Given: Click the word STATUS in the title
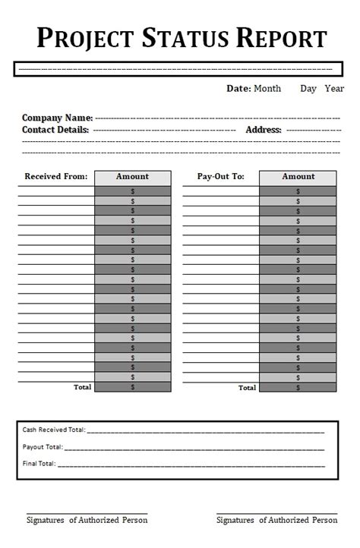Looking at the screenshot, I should (x=182, y=37).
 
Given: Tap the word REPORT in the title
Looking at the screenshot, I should (x=280, y=37).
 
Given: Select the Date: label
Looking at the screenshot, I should (x=238, y=89).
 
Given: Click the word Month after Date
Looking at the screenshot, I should (x=267, y=89).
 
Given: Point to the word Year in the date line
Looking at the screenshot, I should (x=334, y=89).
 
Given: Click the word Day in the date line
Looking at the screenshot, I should (x=308, y=89).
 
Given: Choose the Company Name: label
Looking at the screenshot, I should (x=57, y=118).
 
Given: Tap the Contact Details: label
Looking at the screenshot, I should (x=55, y=130).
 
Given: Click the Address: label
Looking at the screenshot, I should (x=264, y=130).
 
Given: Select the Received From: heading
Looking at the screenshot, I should (x=56, y=177).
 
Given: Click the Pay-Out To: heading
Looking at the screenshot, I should (x=220, y=177).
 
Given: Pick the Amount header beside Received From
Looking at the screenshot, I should (x=132, y=177).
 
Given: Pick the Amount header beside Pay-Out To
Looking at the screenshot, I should (x=298, y=177).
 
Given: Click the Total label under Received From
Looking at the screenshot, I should (x=82, y=387).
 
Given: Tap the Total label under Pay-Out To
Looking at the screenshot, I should (x=248, y=388).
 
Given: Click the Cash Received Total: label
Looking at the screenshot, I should (x=54, y=430).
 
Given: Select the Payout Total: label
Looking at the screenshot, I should (x=43, y=447).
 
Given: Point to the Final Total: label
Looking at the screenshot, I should (x=39, y=464).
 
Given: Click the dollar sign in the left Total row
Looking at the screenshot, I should (x=133, y=387).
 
